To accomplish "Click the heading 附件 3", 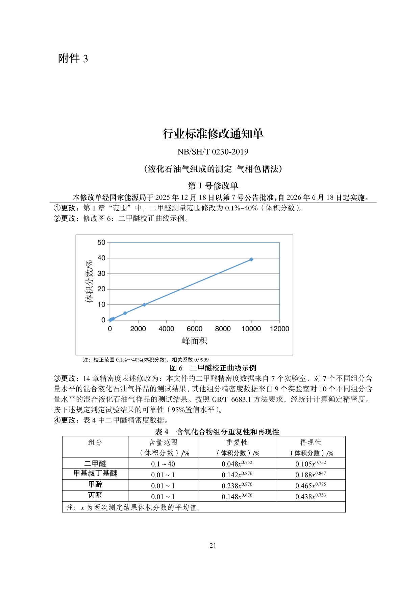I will click(73, 59).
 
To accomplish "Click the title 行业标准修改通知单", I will click(213, 134).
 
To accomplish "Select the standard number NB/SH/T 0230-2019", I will click(213, 152).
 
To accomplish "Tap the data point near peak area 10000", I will click(251, 259).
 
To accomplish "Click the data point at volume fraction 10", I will click(144, 305).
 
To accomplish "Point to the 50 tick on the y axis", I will click(101, 243).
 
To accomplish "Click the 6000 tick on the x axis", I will click(194, 329).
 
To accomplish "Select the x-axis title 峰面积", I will click(194, 341).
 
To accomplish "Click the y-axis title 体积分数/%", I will click(89, 281).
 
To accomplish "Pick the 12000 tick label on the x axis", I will click(279, 329).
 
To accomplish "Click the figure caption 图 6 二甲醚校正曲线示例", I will click(213, 368).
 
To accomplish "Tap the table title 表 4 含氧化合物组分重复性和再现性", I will click(217, 432).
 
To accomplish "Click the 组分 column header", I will click(95, 442).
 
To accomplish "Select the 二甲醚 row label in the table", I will click(95, 464).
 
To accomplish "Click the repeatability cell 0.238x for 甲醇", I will click(237, 485).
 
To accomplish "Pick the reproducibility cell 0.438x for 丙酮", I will click(311, 496).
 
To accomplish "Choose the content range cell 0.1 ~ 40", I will click(163, 464).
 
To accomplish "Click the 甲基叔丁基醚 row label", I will click(95, 474).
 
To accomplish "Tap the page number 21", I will click(213, 545).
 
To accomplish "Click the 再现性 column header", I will click(311, 442).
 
